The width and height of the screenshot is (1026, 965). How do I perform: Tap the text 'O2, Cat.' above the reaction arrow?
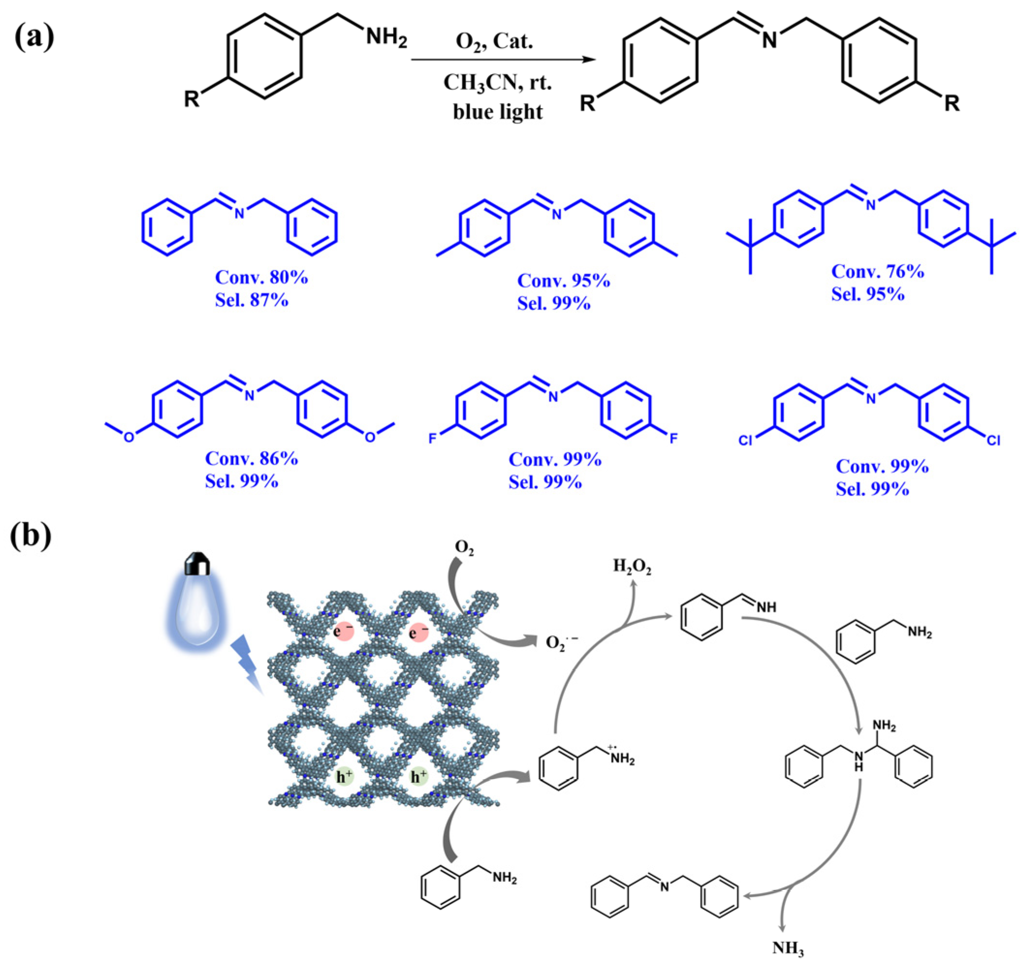494,41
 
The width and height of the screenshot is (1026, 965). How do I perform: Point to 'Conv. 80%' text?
261,278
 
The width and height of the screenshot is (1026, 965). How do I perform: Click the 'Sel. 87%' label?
252,300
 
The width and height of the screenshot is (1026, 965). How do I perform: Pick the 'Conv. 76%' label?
877,271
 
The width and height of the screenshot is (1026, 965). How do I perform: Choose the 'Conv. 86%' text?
252,458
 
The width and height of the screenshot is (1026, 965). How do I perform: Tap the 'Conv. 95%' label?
564,280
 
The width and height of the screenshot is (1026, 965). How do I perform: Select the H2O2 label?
631,567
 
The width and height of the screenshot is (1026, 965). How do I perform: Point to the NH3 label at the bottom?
788,948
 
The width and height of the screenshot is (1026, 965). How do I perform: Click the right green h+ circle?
419,777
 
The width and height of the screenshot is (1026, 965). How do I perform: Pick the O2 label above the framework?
464,548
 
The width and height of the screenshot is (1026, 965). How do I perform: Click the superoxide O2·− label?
562,643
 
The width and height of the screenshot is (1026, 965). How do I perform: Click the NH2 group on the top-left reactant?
387,38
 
